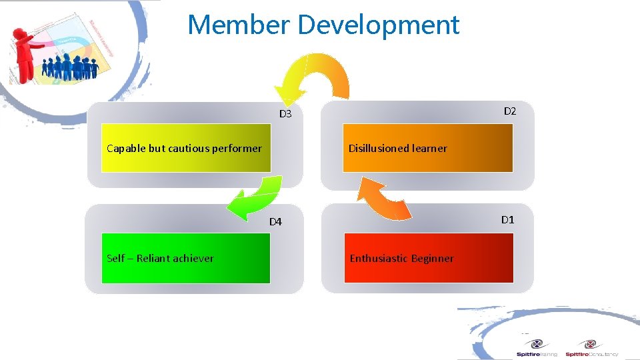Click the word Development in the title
[379, 25]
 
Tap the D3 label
[285, 114]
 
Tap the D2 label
[509, 111]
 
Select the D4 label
[275, 222]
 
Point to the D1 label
[507, 219]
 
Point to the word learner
[429, 148]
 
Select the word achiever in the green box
[192, 258]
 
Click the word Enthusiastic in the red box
[378, 258]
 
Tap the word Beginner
[432, 258]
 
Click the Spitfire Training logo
[537, 347]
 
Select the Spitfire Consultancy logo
[591, 347]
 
